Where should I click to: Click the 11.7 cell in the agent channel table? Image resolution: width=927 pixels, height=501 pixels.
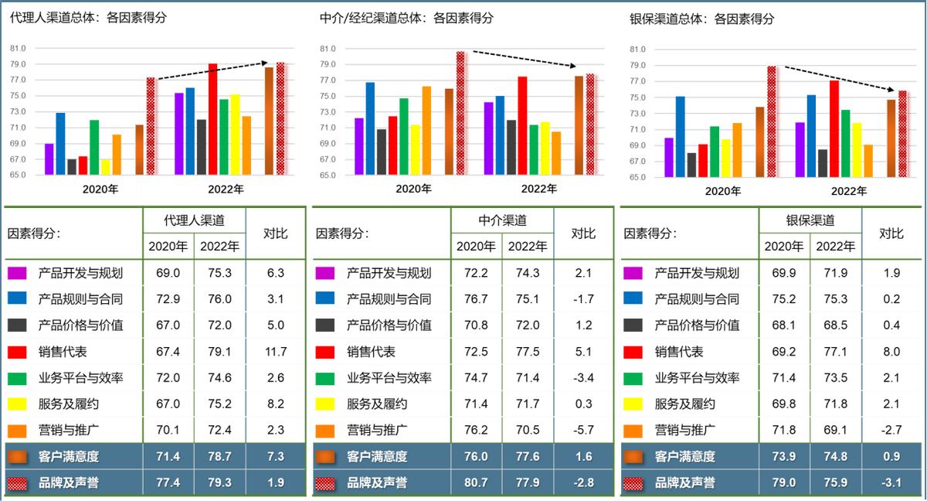click(275, 352)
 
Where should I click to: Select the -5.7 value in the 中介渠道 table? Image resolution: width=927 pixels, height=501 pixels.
click(584, 431)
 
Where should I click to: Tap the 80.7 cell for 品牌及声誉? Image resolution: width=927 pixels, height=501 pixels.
click(476, 483)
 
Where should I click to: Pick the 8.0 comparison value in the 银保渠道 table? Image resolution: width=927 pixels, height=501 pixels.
click(892, 352)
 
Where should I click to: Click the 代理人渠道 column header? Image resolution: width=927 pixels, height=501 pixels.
click(194, 220)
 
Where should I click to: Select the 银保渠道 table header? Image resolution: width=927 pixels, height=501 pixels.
click(810, 220)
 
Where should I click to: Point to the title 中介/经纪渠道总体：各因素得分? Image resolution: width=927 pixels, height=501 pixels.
click(406, 18)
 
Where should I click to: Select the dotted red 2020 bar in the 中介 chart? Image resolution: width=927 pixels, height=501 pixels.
click(460, 113)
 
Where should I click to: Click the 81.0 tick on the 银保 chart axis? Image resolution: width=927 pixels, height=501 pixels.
click(637, 49)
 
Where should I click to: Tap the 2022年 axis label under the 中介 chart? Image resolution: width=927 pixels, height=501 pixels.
click(538, 189)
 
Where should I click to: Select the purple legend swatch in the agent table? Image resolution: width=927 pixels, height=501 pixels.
click(17, 273)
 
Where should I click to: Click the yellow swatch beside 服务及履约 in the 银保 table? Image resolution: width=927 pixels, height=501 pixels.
click(633, 404)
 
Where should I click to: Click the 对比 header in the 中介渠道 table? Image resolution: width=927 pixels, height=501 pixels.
click(583, 233)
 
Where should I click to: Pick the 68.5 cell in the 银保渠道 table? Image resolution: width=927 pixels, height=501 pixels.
click(835, 325)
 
